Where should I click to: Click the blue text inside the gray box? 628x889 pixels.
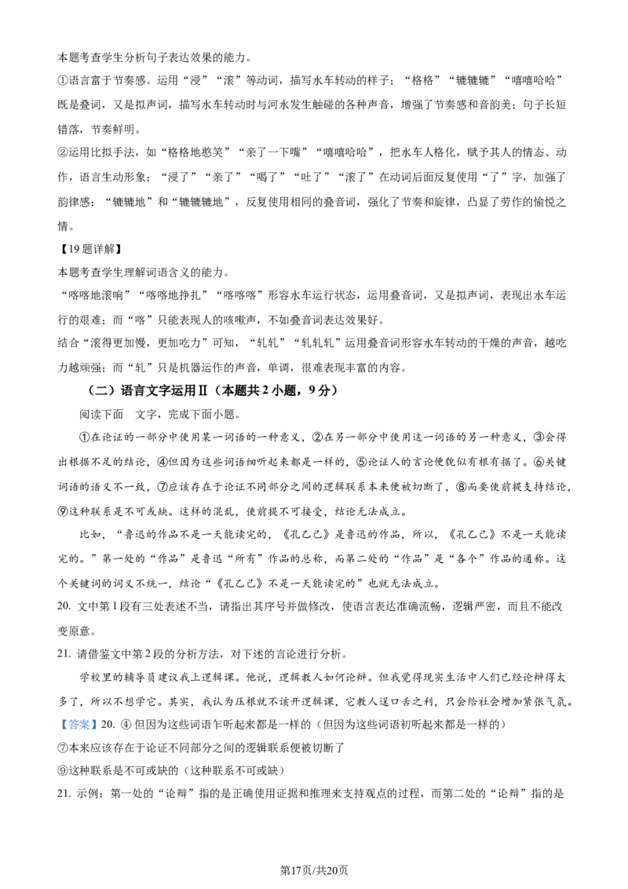pos(78,726)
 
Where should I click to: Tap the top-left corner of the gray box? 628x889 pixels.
pos(57,717)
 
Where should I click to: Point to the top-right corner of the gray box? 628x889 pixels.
pos(100,717)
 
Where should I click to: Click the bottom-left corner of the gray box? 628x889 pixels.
pos(57,734)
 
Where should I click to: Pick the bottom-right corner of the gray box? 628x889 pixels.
pos(100,734)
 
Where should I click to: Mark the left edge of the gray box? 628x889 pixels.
pos(57,726)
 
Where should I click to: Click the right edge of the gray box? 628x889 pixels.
pos(100,726)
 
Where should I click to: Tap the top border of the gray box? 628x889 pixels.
pos(78,717)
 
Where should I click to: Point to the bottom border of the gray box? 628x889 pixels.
pos(78,734)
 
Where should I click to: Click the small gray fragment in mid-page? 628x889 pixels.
pos(226,480)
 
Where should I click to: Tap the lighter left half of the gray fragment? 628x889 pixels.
pos(223,481)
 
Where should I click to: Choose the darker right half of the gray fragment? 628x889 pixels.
pos(229,480)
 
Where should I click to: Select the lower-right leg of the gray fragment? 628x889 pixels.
pos(231,481)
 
